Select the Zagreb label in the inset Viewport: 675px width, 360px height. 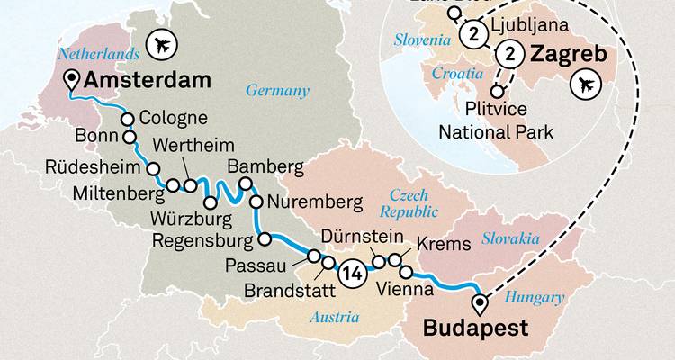click(x=554, y=54)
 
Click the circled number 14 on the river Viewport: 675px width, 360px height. click(x=353, y=270)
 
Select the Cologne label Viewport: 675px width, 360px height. click(x=175, y=118)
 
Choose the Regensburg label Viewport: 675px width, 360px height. click(x=203, y=240)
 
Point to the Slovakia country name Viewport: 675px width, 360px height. click(x=510, y=238)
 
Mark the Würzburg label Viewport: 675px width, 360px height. click(x=198, y=217)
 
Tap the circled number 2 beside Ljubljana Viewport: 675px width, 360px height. click(x=472, y=34)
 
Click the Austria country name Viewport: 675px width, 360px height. click(x=334, y=317)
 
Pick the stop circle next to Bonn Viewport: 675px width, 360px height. click(x=130, y=138)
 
